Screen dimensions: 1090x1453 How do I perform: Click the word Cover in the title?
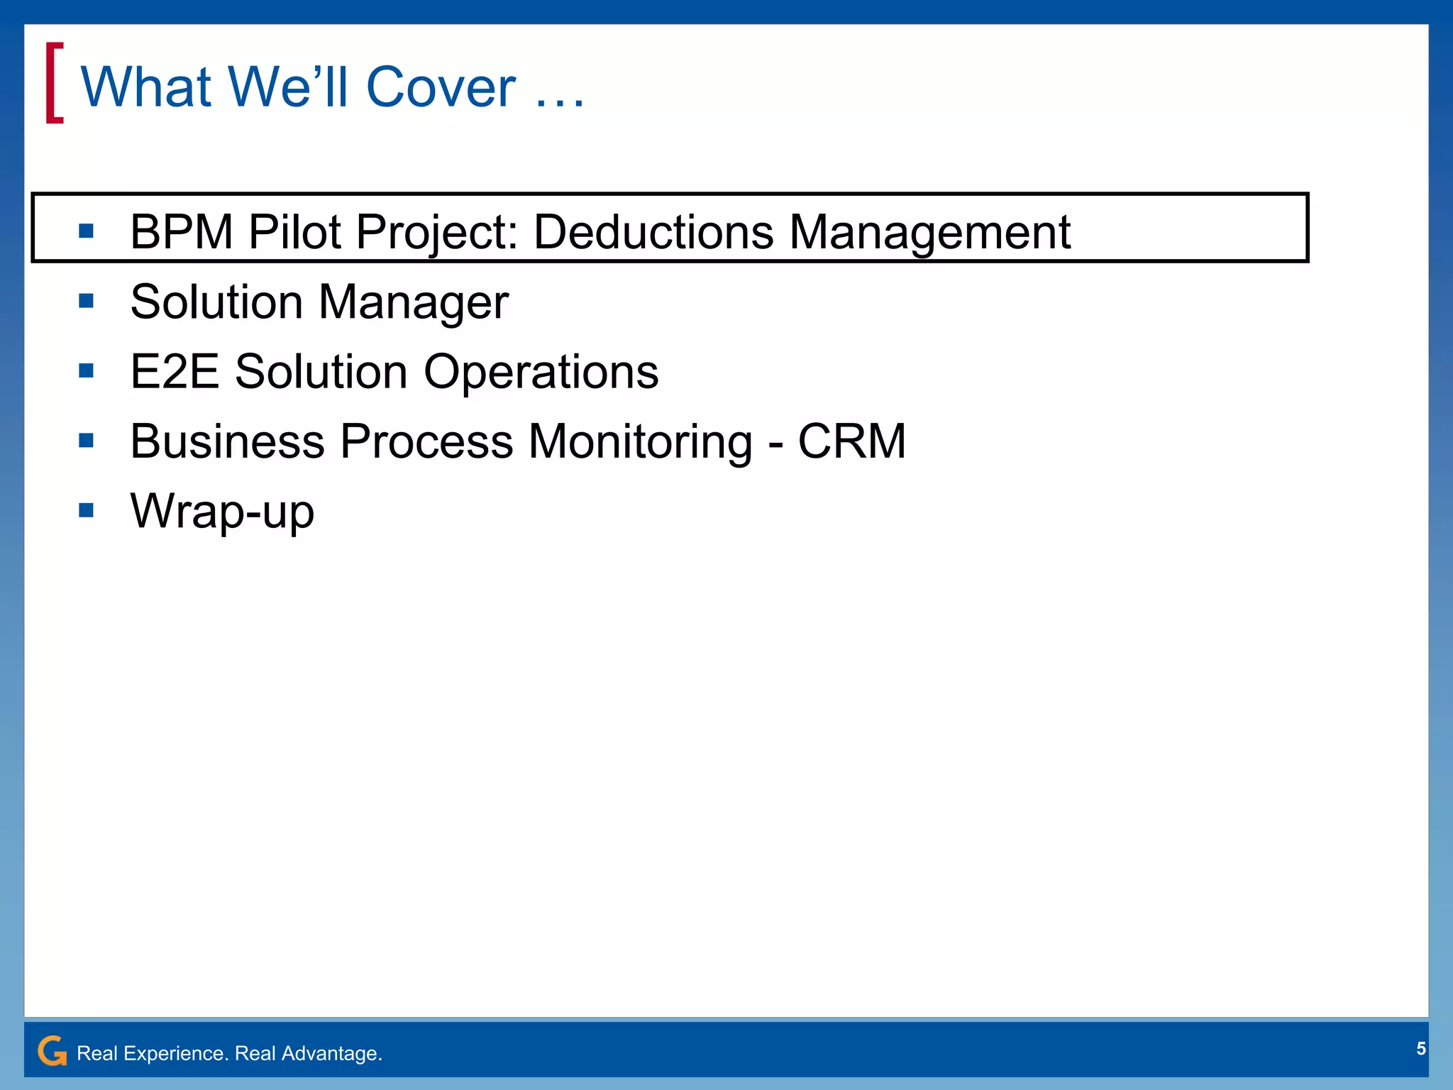coord(441,87)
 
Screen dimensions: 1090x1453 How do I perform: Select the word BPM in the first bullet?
coord(182,232)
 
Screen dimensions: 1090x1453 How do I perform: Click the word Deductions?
coord(653,232)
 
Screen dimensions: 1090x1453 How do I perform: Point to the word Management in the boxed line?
coord(929,232)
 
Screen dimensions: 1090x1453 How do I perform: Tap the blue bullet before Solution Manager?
coord(87,301)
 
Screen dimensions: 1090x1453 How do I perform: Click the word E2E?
coord(175,372)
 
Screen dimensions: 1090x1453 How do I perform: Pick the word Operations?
coord(541,372)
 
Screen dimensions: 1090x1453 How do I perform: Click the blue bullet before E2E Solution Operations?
coord(87,370)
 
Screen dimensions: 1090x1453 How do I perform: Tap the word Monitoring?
coord(640,441)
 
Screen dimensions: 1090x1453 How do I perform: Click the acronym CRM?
coord(851,441)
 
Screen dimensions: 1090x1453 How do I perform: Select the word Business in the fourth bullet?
coord(227,441)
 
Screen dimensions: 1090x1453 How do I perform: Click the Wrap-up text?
coord(222,511)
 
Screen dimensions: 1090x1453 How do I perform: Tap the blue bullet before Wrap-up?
coord(87,510)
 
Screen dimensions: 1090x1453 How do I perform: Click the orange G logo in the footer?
coord(52,1051)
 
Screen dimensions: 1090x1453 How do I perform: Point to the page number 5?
coord(1420,1049)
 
